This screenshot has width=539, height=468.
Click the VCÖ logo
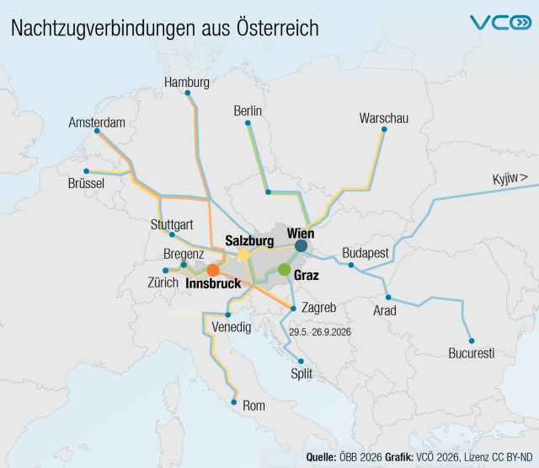500,23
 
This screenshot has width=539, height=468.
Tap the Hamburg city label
187,83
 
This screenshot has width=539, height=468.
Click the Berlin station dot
248,123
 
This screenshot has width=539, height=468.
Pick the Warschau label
383,118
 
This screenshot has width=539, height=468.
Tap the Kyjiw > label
510,178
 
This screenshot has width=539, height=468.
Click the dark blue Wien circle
301,246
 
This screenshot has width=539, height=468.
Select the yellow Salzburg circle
243,255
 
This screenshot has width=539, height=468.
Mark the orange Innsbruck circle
213,270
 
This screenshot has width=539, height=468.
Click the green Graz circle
284,270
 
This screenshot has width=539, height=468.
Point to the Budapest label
366,253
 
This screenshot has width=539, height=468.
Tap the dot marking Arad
388,297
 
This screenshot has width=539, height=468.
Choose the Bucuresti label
472,352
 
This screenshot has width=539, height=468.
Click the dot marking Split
301,361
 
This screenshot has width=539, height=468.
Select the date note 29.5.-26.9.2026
320,332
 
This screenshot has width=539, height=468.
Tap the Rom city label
253,406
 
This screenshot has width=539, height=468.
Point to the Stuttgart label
172,224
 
